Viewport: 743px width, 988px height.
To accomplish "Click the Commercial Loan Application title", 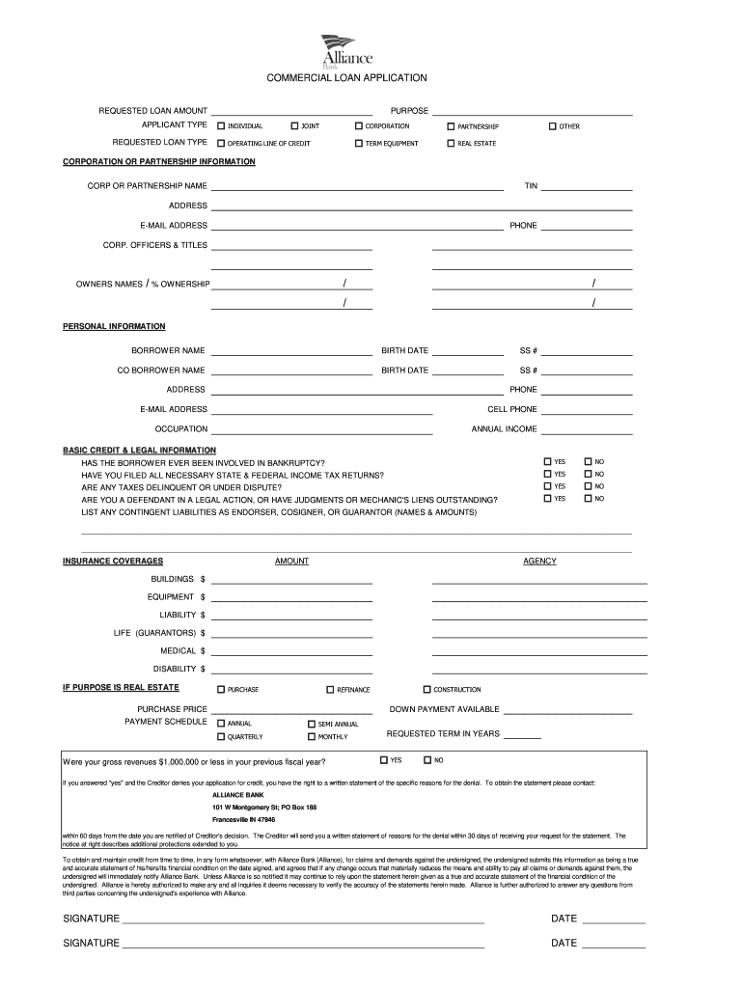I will [x=346, y=77].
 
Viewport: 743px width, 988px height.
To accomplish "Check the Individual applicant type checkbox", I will [x=221, y=126].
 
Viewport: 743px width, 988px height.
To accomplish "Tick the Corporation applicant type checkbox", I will [x=358, y=126].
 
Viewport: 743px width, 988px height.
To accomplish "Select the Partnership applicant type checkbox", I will [x=451, y=126].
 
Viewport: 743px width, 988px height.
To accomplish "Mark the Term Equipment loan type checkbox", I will [x=358, y=143].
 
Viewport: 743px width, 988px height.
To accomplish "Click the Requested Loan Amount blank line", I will [x=291, y=110].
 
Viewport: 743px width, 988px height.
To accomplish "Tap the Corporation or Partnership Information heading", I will [x=159, y=161].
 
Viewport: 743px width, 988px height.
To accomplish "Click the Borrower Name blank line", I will [x=291, y=349].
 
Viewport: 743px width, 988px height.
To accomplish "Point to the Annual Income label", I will [x=504, y=428].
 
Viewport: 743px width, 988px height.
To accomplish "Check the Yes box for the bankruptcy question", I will [x=547, y=462].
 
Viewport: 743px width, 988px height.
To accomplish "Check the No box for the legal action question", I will [x=588, y=499].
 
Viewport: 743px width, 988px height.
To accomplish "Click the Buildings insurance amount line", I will [x=291, y=579].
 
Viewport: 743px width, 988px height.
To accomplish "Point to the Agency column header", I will [x=539, y=561].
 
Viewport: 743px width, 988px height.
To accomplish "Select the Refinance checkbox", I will [x=330, y=690].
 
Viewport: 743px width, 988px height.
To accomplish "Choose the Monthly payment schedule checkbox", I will [x=311, y=737].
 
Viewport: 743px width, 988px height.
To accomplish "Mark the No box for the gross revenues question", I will [x=427, y=759].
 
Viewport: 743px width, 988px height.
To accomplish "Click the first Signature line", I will [x=302, y=919].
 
